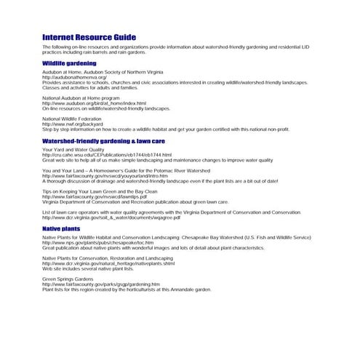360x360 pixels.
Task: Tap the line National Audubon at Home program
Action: point(81,98)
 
